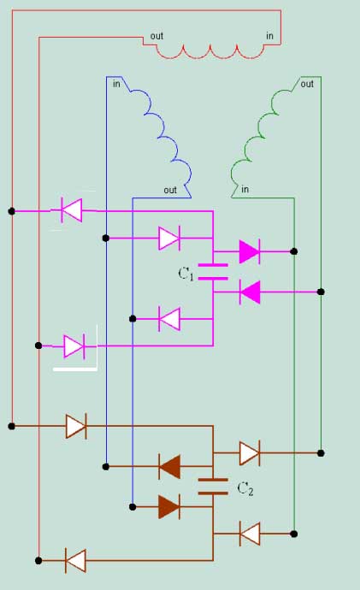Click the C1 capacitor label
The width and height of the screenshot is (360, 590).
tap(186, 274)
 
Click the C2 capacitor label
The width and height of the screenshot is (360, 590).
tap(245, 489)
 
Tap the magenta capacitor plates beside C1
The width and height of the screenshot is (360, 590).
tap(213, 272)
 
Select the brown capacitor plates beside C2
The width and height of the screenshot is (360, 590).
tap(213, 487)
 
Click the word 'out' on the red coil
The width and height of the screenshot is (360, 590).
tap(156, 36)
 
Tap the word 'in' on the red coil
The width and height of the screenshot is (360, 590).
tap(269, 36)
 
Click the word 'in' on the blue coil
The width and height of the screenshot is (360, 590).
tap(116, 84)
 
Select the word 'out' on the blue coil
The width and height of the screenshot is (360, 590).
tap(170, 191)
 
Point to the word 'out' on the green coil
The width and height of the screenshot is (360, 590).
tap(307, 84)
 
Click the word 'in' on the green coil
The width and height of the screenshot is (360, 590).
tap(245, 189)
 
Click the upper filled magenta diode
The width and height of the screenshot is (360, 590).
tap(250, 251)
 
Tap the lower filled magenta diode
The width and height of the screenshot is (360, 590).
tap(250, 292)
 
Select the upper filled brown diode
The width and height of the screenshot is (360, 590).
tap(169, 467)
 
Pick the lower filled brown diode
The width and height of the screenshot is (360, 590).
tap(169, 507)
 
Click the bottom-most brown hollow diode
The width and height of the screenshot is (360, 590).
tap(75, 561)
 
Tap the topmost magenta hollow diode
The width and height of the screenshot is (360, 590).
tap(72, 210)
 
